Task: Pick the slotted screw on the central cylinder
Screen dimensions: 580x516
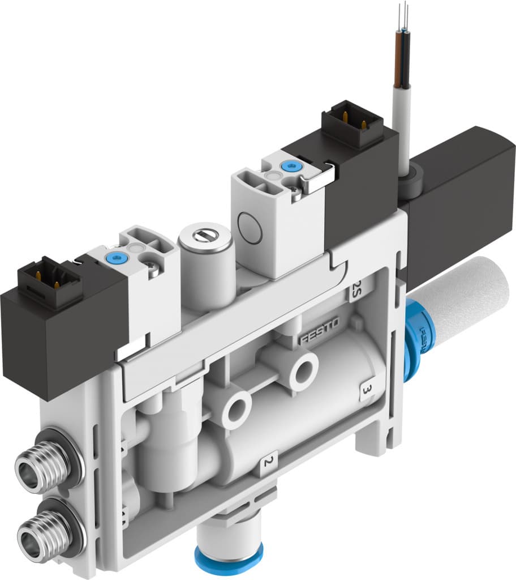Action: tap(205, 233)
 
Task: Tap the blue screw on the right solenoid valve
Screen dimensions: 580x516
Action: tap(291, 166)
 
